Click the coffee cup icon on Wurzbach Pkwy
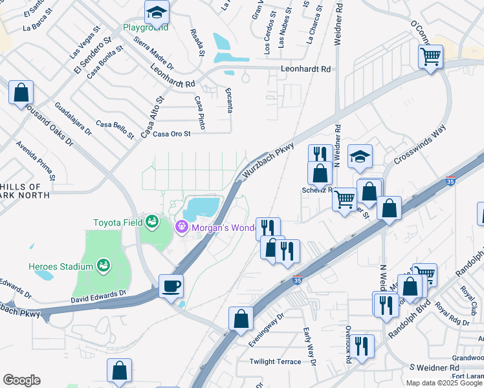coord(171,285)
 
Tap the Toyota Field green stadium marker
coord(151,222)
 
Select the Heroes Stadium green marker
coord(102,265)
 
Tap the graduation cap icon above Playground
coord(156,12)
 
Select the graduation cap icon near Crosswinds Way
coord(360,156)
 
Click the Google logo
coord(21,380)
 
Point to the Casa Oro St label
coord(170,134)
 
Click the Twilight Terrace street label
coord(275,361)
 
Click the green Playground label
coord(146,27)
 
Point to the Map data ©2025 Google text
coord(444,383)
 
